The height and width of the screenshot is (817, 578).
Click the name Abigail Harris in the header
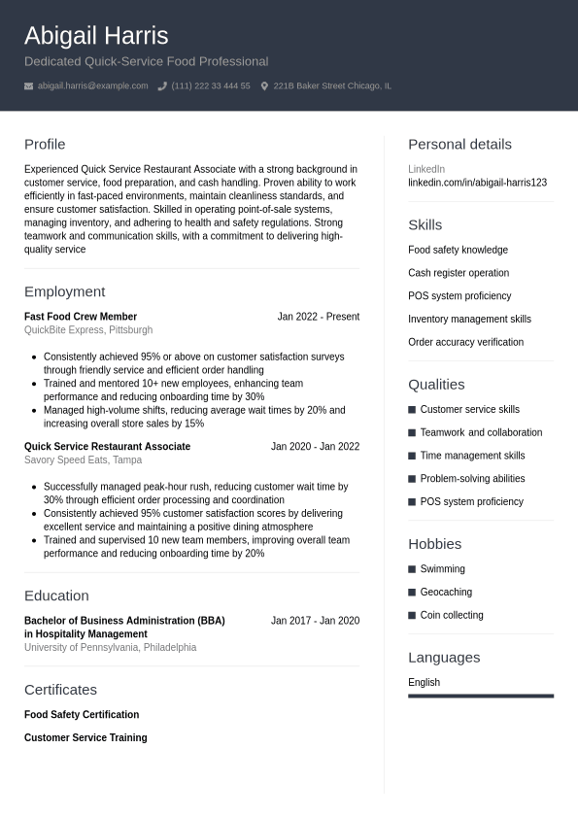click(x=96, y=36)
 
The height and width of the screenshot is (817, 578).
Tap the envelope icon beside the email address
click(x=29, y=86)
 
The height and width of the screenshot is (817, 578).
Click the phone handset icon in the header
click(x=162, y=86)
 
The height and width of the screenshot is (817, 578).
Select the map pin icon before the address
click(x=264, y=86)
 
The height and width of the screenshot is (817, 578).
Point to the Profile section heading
click(x=45, y=144)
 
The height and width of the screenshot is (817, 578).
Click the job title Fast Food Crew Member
click(x=81, y=317)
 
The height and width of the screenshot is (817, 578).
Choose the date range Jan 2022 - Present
click(x=318, y=317)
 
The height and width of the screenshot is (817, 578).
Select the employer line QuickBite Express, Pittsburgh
click(x=88, y=330)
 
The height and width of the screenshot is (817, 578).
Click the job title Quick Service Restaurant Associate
click(x=107, y=447)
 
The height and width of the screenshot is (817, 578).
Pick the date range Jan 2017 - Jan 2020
click(x=315, y=621)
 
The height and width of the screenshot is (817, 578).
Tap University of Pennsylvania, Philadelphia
click(x=110, y=648)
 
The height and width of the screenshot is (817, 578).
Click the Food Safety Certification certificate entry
click(x=82, y=715)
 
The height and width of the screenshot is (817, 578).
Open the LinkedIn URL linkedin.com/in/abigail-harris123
click(x=477, y=183)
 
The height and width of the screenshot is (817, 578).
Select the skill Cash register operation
click(x=459, y=273)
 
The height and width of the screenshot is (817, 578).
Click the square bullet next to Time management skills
click(x=412, y=456)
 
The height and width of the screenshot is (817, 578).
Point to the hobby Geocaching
click(x=446, y=593)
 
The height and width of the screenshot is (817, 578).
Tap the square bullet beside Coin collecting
click(x=412, y=616)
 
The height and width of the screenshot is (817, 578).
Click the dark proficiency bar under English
click(x=481, y=696)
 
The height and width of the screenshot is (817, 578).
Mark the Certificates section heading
click(x=60, y=690)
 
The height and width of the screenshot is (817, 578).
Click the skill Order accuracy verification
click(x=465, y=342)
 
